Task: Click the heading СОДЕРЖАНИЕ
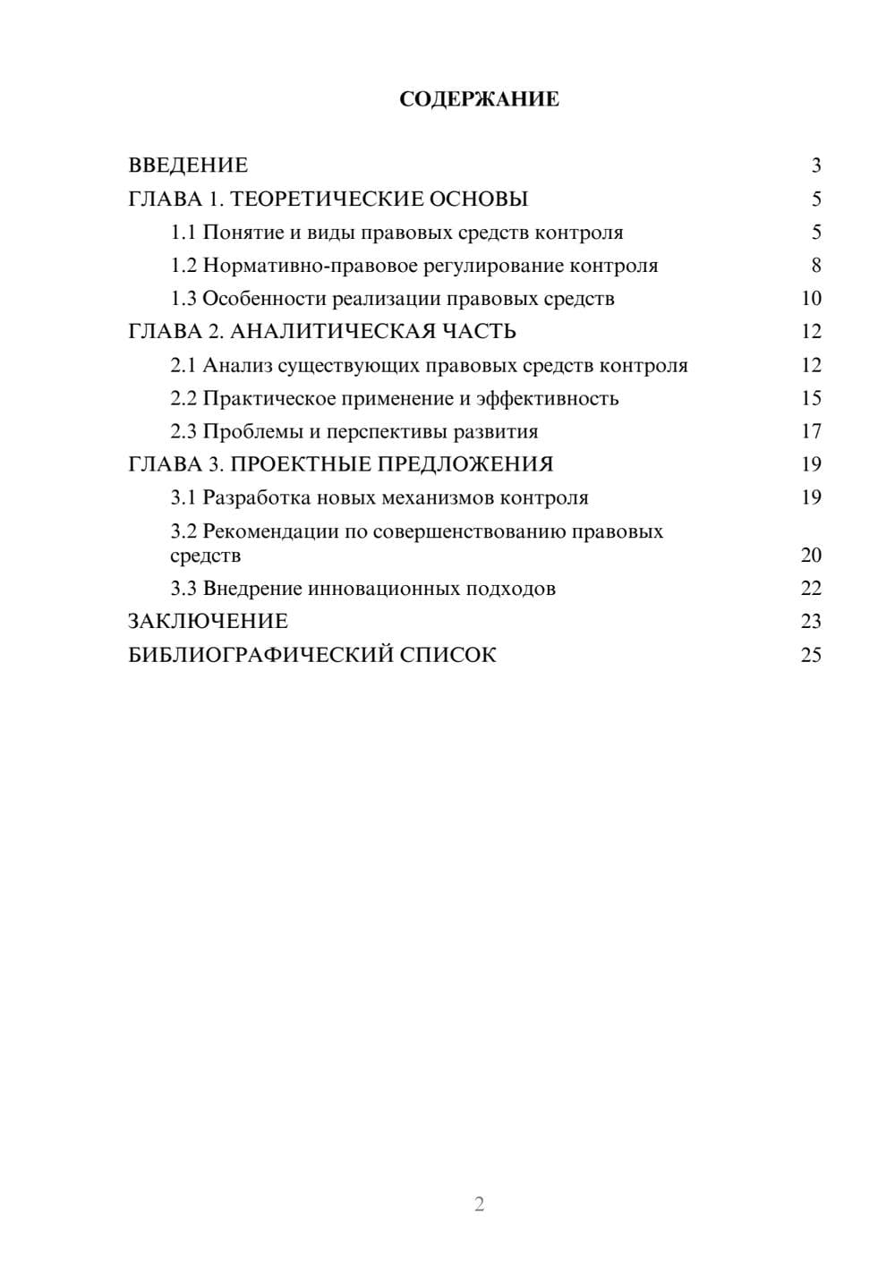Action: pos(479,99)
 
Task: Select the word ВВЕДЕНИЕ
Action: pos(188,166)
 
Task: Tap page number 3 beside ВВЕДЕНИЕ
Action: pos(815,166)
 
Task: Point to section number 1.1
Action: pos(183,233)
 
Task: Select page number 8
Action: pos(815,266)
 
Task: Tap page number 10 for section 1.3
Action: pos(811,299)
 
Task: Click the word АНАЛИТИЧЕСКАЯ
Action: pos(327,332)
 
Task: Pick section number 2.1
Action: pos(183,365)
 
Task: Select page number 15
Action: pos(811,398)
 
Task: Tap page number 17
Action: pos(811,431)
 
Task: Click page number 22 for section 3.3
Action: pos(811,589)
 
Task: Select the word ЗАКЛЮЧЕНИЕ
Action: pos(208,622)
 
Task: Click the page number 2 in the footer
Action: pos(479,1204)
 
